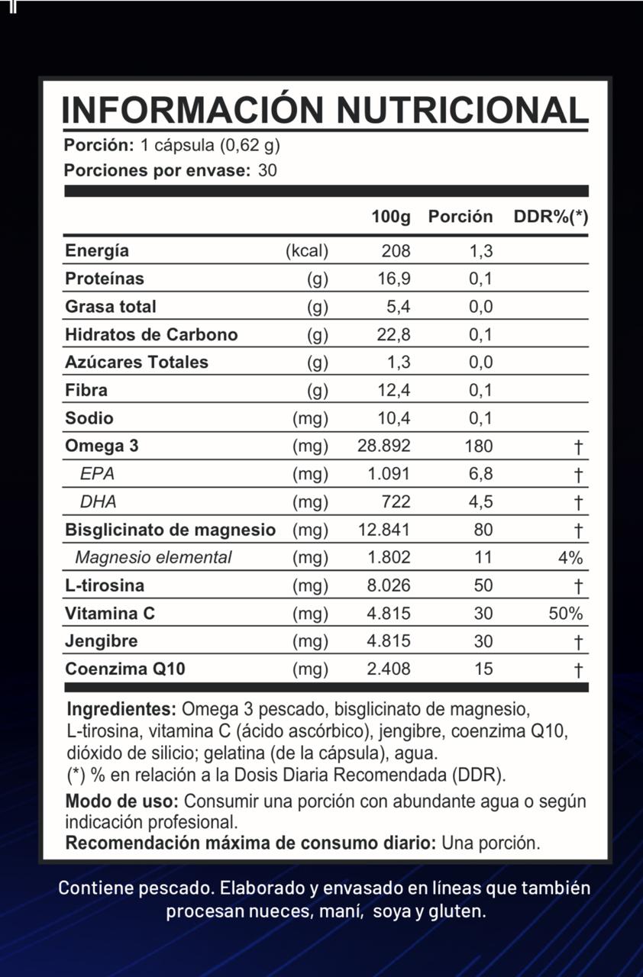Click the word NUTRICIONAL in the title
462,110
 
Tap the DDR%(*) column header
551,217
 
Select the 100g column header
391,217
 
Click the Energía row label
97,250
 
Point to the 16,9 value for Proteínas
394,279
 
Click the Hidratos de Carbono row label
151,334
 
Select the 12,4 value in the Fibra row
394,390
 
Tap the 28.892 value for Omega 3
384,446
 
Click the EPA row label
97,474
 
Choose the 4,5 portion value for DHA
481,501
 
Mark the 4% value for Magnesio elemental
570,558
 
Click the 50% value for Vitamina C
566,614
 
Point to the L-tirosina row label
105,585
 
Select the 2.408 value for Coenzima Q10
389,669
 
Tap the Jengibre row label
102,641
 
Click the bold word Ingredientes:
121,708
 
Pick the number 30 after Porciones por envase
267,170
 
